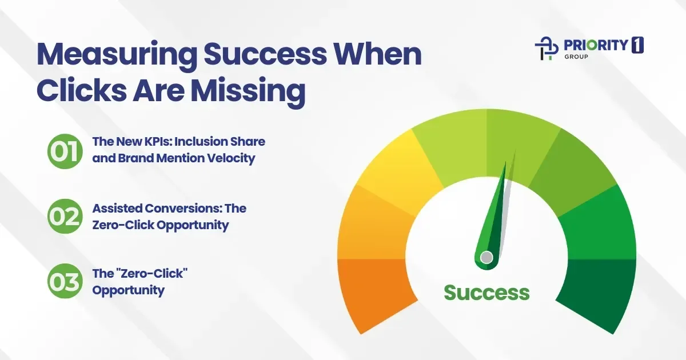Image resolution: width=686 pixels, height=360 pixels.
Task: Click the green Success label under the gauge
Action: tap(486, 293)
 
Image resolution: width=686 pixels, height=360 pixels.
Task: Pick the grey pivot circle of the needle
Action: tap(486, 257)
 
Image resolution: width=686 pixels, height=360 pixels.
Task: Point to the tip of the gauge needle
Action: tap(505, 164)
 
